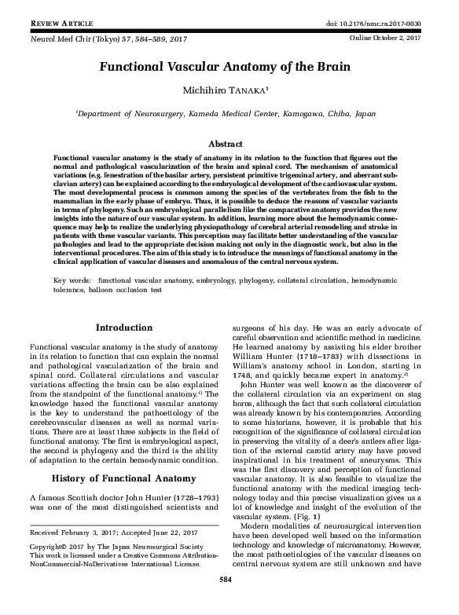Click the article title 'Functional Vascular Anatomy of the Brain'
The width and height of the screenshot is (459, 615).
point(229,68)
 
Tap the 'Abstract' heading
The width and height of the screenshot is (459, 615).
point(229,145)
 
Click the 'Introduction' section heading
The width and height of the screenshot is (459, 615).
point(123,327)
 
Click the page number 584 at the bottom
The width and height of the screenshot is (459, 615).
point(229,602)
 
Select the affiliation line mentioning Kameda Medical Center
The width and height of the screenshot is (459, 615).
point(229,114)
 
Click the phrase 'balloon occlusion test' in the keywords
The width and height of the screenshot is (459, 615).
point(134,290)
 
